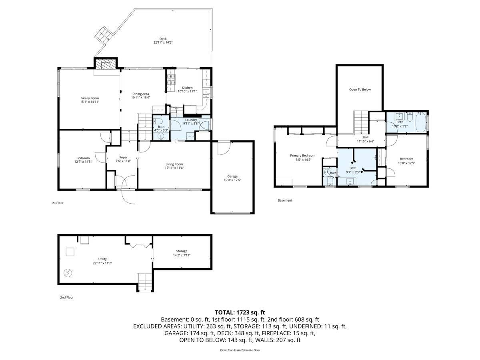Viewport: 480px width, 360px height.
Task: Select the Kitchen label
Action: pos(187,88)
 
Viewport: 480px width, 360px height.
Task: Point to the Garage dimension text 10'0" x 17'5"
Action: pos(232,180)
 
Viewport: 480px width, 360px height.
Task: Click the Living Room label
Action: pos(174,164)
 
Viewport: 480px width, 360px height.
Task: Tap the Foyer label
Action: pos(123,157)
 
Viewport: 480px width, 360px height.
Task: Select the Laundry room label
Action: pos(190,120)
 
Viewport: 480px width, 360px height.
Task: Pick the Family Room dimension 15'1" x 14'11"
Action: pos(90,102)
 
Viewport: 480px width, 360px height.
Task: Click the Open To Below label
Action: pos(360,90)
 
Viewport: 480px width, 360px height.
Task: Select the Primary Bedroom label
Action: pos(302,156)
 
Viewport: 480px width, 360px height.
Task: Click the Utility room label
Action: pos(102,259)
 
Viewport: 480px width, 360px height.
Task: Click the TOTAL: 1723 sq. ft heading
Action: pos(240,312)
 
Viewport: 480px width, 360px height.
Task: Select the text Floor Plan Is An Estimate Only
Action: pos(240,350)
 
